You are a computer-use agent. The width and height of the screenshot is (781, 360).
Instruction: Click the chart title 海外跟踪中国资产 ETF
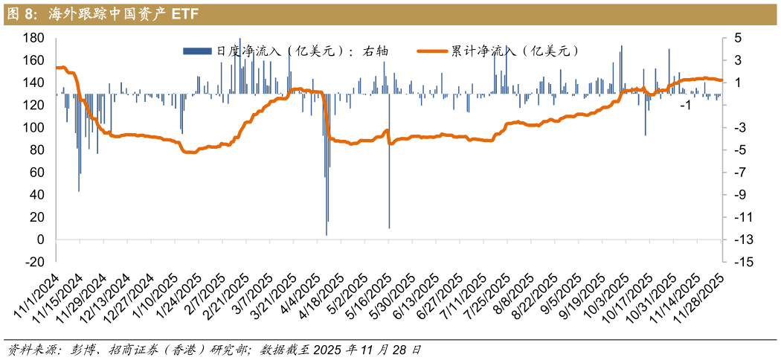[x=123, y=13]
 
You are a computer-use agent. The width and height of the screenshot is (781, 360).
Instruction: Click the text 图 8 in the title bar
[x=21, y=13]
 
